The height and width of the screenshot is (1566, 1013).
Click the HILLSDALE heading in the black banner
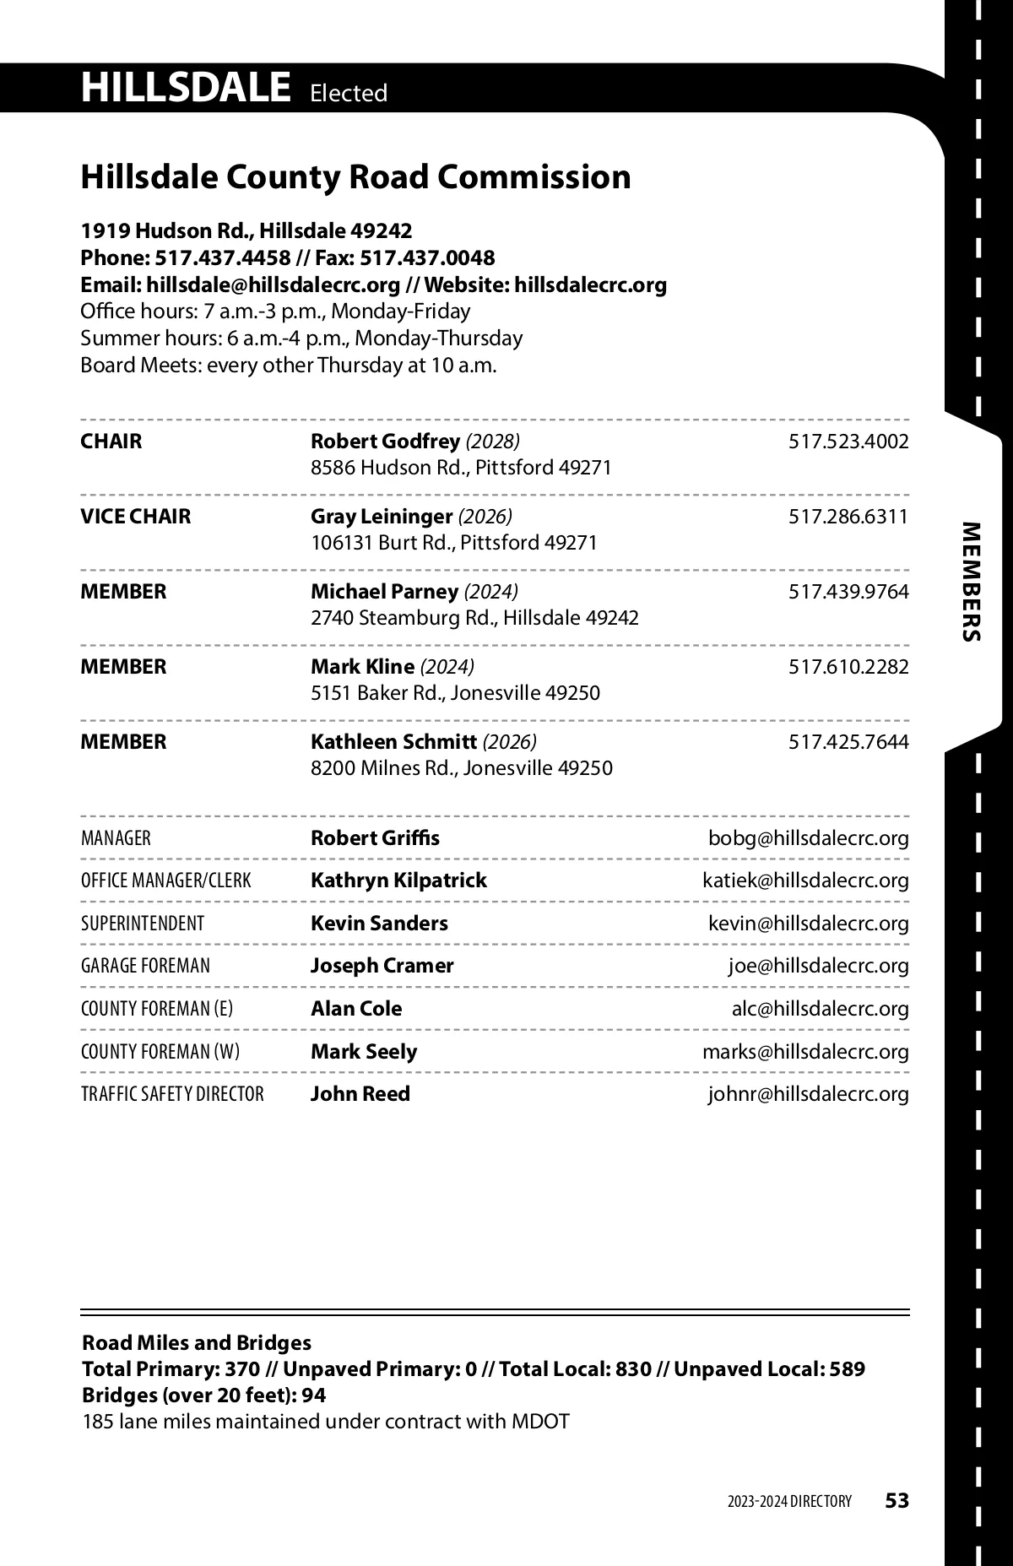185,88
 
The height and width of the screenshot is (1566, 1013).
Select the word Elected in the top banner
348,93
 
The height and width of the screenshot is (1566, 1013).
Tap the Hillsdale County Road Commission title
355,177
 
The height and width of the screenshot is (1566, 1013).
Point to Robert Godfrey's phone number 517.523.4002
848,442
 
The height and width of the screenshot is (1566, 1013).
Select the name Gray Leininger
381,516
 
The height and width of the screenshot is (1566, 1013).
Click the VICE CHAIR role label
135,516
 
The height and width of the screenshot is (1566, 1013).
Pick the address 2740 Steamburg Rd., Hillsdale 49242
474,618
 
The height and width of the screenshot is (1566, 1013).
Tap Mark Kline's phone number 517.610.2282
848,667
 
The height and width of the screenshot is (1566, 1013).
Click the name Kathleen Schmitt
393,742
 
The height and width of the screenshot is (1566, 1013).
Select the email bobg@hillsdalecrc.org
808,838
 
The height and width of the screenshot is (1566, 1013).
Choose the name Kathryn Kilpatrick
398,881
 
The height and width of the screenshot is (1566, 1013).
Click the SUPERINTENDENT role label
143,924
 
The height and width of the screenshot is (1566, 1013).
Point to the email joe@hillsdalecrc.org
818,966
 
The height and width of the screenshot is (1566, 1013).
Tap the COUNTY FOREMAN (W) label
160,1052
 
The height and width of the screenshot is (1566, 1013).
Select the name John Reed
360,1094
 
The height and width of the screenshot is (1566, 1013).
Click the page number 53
897,1500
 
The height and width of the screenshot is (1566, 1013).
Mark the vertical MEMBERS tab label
972,583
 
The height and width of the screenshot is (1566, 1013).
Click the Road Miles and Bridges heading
197,1342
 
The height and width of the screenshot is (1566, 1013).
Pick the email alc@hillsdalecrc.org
820,1009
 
